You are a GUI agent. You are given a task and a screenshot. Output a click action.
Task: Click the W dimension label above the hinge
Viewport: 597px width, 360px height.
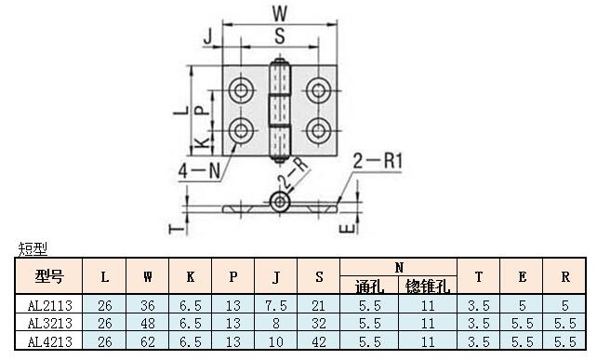coord(280,13)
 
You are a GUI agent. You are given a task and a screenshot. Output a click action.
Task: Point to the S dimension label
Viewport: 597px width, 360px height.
coord(280,36)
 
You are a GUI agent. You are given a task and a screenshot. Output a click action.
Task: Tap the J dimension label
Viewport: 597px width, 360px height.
coord(208,37)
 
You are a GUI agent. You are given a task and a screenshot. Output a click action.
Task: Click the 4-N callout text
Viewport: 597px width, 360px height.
coord(200,170)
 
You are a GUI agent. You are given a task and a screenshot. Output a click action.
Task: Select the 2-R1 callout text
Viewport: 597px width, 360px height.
coord(378,161)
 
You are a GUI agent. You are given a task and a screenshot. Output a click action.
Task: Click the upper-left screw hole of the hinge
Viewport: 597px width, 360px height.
coord(241,90)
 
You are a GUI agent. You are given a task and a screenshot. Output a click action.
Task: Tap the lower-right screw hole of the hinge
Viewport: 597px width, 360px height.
coord(318,130)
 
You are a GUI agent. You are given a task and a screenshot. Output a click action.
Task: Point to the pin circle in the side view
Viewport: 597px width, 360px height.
coord(280,202)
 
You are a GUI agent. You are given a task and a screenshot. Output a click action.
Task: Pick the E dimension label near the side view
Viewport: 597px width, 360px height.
coord(348,229)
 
